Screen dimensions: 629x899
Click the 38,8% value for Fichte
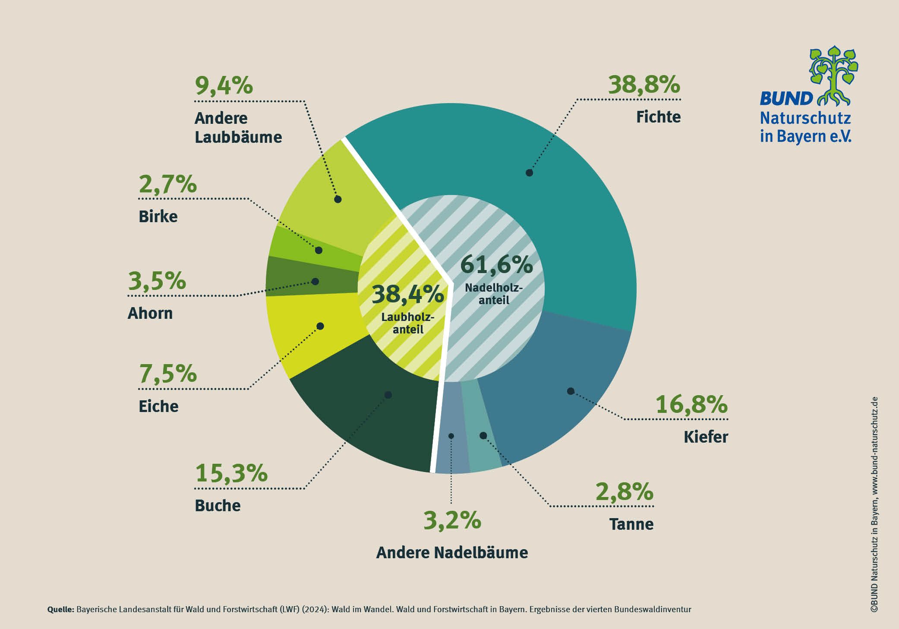643,85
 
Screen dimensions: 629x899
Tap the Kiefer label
705,437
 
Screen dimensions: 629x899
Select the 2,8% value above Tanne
624,491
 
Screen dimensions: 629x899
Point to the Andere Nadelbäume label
452,553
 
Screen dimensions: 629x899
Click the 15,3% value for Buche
231,473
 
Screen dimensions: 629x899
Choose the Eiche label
158,406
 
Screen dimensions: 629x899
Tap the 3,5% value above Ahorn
157,281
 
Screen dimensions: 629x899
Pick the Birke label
158,217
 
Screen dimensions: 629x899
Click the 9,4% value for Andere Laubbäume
224,85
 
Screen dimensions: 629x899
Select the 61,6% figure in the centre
496,265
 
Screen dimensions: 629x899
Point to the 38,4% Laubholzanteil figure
407,294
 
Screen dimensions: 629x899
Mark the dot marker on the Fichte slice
529,173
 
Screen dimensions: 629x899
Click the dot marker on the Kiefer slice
571,391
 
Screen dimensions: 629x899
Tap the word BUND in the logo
785,99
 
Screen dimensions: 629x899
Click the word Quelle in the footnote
60,610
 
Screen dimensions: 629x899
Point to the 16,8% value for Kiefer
691,405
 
